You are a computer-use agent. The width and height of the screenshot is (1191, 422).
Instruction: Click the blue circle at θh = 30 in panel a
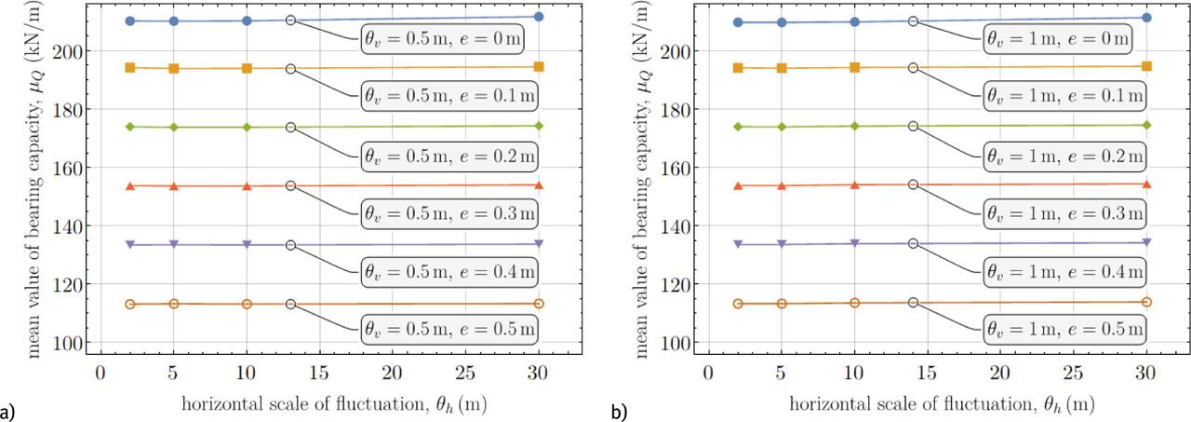point(539,17)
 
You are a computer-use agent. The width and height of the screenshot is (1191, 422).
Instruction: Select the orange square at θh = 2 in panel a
point(130,67)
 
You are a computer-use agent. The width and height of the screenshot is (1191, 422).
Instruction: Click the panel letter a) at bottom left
point(7,410)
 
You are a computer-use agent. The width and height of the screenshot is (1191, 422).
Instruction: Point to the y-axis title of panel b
point(643,177)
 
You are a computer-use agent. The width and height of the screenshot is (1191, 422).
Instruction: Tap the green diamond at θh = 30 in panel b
point(1146,125)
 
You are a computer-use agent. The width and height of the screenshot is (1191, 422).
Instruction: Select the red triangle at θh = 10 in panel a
point(247,186)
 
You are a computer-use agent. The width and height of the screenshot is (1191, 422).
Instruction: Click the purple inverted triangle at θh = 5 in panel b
point(782,244)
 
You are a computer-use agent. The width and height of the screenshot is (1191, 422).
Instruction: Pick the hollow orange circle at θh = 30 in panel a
point(539,304)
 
